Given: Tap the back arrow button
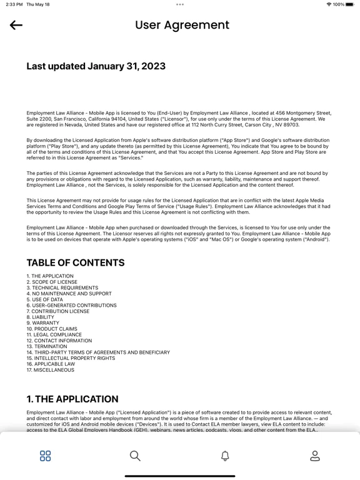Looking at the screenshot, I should click(x=16, y=25).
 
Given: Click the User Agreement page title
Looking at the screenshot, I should click(x=182, y=25).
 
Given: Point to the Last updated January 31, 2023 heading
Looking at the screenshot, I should click(x=96, y=66).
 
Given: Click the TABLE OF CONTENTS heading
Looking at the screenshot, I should click(x=75, y=262).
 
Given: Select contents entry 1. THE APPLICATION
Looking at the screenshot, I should click(x=50, y=276).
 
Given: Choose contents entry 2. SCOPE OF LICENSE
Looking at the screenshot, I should click(x=52, y=282).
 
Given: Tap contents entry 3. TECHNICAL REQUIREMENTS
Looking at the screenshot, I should click(x=62, y=287).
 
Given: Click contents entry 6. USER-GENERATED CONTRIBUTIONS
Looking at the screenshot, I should click(x=71, y=305).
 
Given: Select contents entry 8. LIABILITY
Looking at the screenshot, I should click(x=40, y=317).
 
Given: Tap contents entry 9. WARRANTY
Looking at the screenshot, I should click(x=42, y=323).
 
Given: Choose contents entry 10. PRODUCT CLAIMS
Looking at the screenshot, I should click(x=52, y=329).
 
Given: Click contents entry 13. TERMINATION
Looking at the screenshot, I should click(x=47, y=346).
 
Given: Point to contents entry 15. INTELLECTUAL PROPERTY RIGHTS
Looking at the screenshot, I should click(x=71, y=358).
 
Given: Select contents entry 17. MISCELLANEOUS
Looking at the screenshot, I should click(x=50, y=370).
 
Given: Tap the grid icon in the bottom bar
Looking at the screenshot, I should click(x=45, y=456).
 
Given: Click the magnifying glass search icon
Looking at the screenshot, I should click(x=135, y=456).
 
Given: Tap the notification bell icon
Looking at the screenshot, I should click(x=225, y=456).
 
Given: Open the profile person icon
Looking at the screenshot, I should click(x=315, y=456).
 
